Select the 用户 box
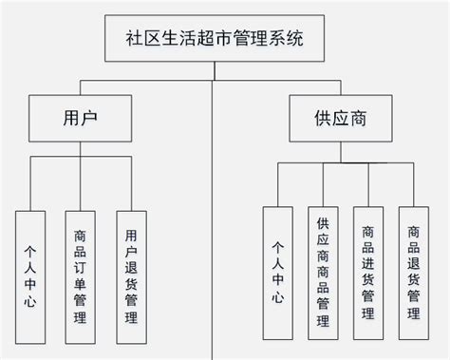[82, 122]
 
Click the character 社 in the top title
[136, 40]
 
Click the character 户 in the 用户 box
[92, 122]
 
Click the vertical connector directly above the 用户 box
[82, 89]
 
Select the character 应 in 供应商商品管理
[324, 242]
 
